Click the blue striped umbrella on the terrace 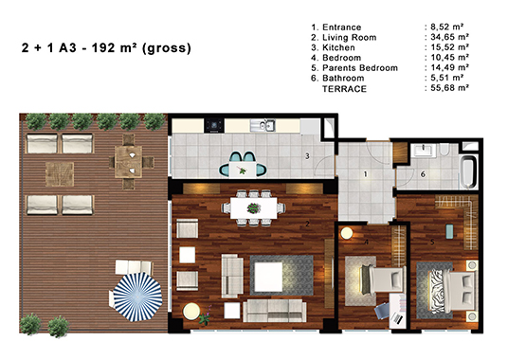tap(137, 297)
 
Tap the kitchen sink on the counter tap(263, 125)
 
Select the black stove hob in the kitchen tap(214, 125)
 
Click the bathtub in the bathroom tap(469, 172)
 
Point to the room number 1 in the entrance tap(366, 174)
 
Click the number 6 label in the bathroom tap(423, 174)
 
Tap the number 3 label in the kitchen tap(307, 156)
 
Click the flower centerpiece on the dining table tap(254, 207)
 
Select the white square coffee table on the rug tap(268, 277)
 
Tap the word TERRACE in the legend tap(344, 89)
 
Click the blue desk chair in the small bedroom tap(382, 310)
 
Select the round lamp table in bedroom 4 tap(347, 233)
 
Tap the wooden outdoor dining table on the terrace tap(128, 162)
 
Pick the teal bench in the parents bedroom tap(449, 231)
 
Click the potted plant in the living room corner tap(205, 318)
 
